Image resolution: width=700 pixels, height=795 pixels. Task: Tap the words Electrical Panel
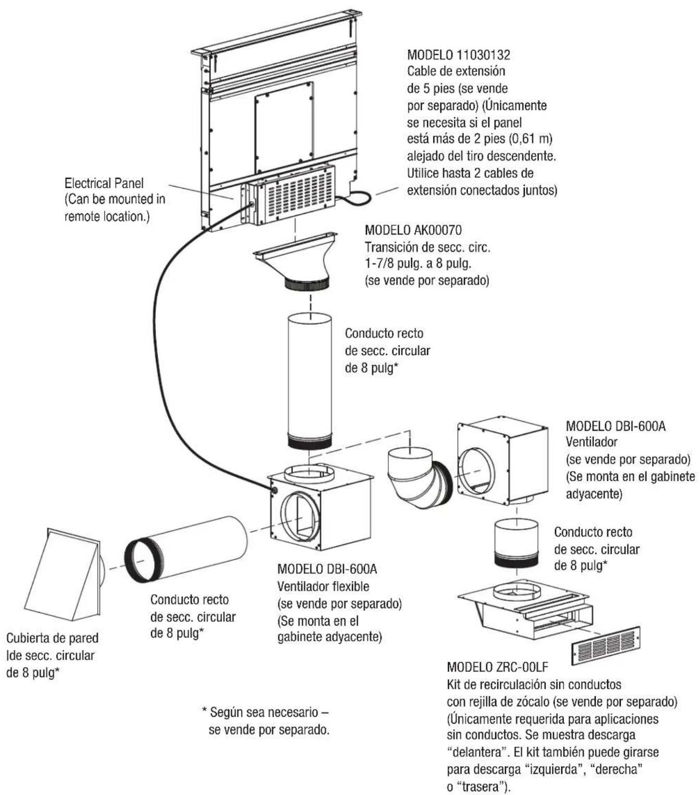point(104,184)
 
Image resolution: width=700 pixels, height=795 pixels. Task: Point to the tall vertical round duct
point(310,381)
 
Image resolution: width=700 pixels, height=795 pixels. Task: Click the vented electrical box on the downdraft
point(288,195)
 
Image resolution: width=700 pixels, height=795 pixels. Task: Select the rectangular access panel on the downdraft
point(285,127)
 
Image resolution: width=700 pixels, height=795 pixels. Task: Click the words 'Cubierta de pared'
point(52,638)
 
